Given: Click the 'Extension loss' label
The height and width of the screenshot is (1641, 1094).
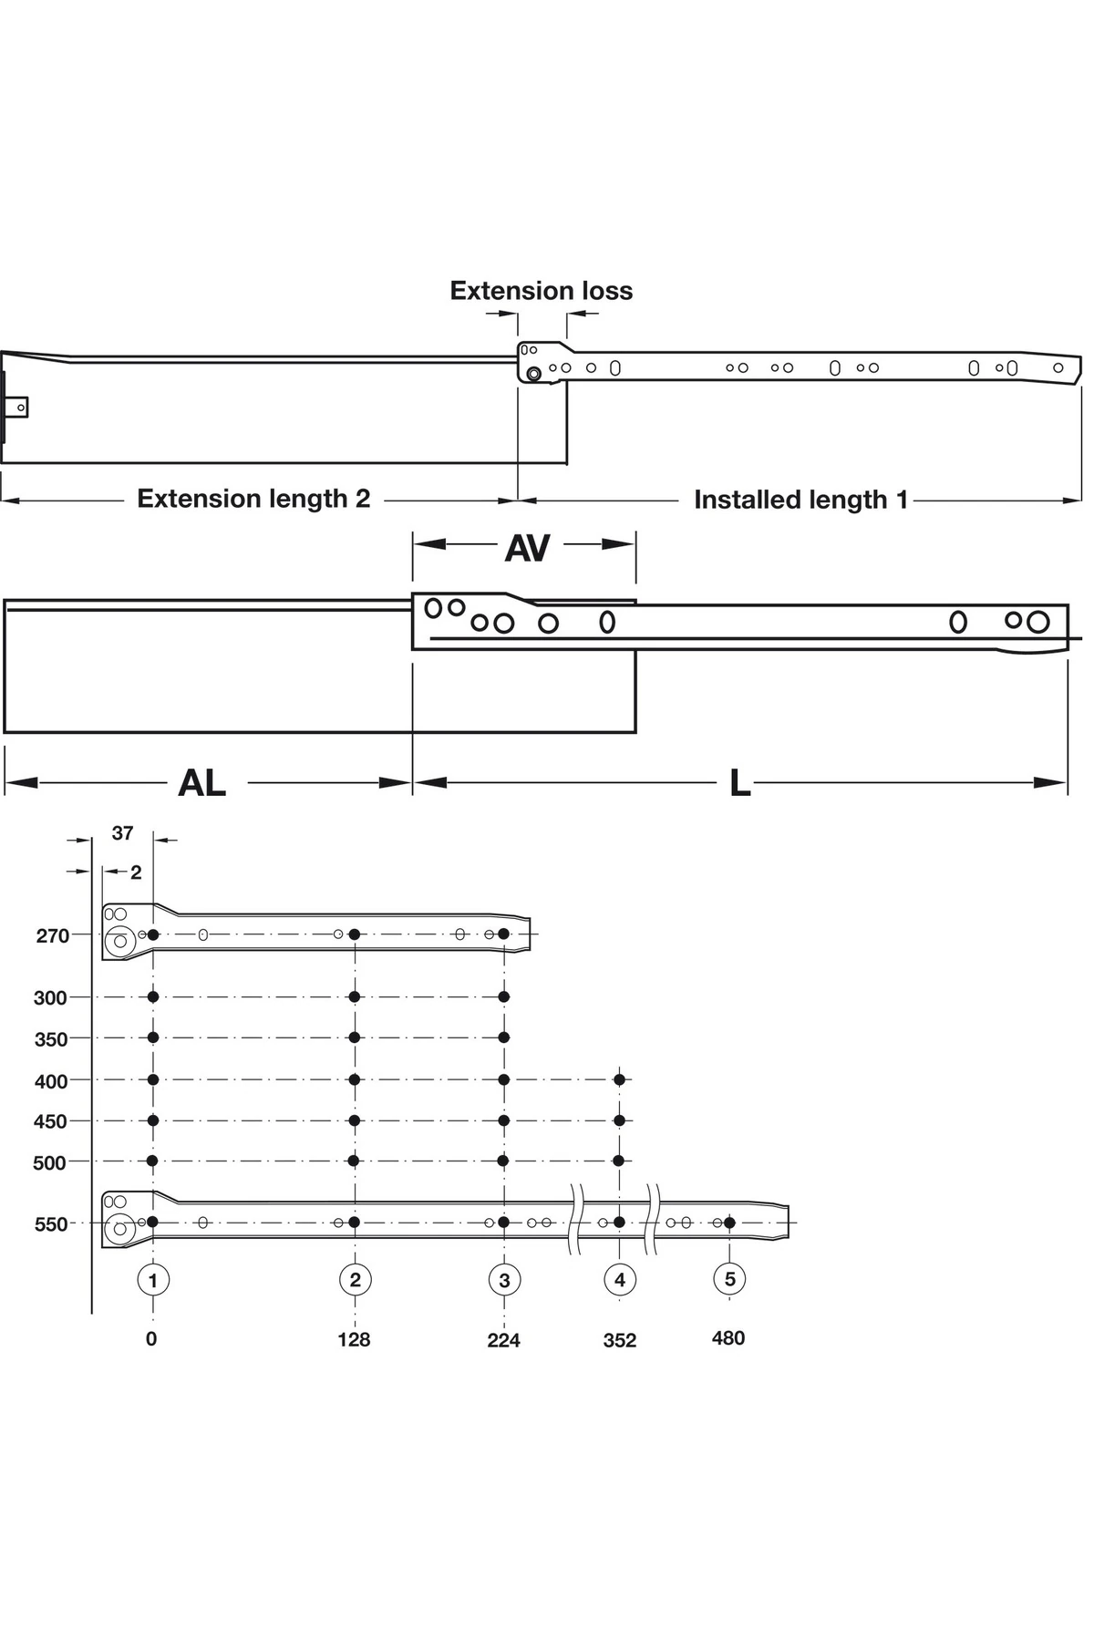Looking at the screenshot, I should [x=541, y=291].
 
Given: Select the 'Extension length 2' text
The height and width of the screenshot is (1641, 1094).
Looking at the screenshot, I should [x=253, y=499].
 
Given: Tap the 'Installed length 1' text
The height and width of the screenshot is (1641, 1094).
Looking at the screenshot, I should [x=800, y=500].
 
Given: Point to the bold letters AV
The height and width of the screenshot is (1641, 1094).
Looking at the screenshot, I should [x=527, y=548].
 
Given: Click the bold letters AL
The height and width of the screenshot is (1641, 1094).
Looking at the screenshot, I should [x=201, y=782].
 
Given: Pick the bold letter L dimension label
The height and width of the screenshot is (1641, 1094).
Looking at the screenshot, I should [x=739, y=782].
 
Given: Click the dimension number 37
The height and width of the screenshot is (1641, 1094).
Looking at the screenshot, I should [x=122, y=833].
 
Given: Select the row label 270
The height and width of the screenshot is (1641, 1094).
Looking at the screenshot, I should [x=53, y=936].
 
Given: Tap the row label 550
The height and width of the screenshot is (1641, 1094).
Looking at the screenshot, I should [x=51, y=1224].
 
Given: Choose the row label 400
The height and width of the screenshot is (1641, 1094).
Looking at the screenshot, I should [x=51, y=1081].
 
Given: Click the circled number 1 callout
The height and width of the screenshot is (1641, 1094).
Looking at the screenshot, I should [x=153, y=1280].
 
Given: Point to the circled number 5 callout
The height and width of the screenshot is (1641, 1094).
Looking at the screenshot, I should [x=729, y=1279].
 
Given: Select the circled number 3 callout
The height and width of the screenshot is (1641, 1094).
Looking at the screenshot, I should [x=504, y=1280].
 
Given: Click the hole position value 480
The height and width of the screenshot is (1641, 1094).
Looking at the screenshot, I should [x=728, y=1338].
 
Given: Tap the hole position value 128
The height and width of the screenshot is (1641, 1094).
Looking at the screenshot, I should [x=354, y=1339].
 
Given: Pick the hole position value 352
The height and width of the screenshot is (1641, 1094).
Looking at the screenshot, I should [x=620, y=1340].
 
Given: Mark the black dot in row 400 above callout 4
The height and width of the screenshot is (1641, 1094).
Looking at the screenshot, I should [x=620, y=1079].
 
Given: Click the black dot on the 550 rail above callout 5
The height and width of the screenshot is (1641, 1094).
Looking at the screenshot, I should [x=729, y=1223].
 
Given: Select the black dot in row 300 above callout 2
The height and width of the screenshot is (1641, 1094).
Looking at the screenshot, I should [x=355, y=996].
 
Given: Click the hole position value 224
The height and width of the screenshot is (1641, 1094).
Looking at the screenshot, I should [x=503, y=1340].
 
